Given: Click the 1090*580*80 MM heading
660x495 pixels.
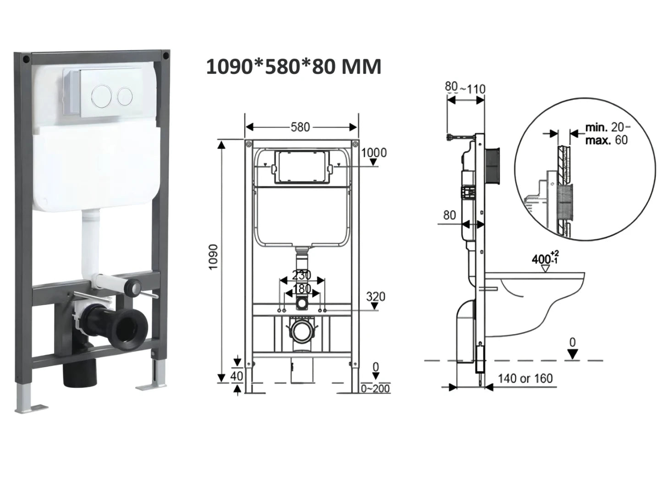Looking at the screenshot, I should pos(293,67).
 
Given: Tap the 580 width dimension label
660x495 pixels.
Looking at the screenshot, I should pos(300,127).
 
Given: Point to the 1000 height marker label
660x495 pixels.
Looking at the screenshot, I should pos(374,153).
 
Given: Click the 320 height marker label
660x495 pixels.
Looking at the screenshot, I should pos(375,297).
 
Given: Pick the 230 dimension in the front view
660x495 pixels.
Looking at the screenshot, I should pos(302,275).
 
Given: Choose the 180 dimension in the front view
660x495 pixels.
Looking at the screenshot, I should pos(302,289).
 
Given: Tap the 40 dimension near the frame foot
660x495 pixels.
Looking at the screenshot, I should pos(237,376).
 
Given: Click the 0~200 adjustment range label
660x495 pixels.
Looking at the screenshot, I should pos(375,389).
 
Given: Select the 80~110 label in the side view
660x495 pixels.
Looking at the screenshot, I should pos(465,87).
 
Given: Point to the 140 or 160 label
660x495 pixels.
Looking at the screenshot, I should pos(525,379).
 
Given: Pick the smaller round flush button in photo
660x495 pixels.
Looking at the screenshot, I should pos(125,95).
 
